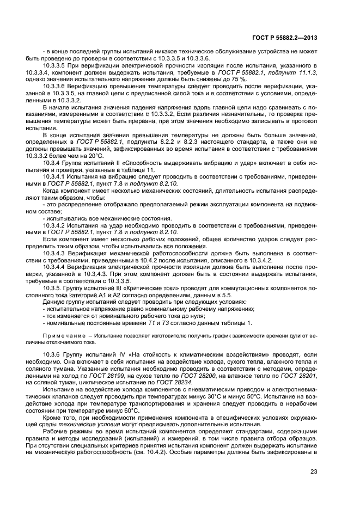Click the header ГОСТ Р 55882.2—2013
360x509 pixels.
click(x=291, y=38)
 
